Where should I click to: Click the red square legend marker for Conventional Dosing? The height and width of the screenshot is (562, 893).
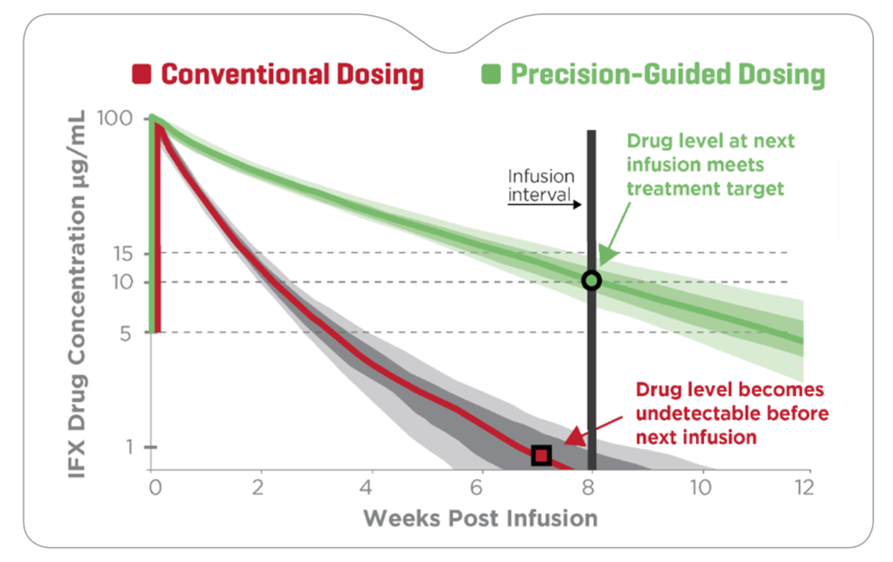point(142,73)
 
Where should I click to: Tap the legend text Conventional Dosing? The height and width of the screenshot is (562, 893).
point(292,74)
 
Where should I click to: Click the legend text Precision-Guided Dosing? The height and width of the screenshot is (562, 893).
point(668,74)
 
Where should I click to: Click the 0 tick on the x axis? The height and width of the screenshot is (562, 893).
point(153,487)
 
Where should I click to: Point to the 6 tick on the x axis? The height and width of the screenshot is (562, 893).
point(481,487)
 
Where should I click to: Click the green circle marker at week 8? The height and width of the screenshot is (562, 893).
point(591,281)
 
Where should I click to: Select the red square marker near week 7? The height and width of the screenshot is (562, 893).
point(541,455)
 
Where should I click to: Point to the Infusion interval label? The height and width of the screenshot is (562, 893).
point(541,185)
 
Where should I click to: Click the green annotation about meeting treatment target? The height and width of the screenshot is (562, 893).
point(710,164)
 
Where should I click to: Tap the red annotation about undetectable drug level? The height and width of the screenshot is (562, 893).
point(731,413)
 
